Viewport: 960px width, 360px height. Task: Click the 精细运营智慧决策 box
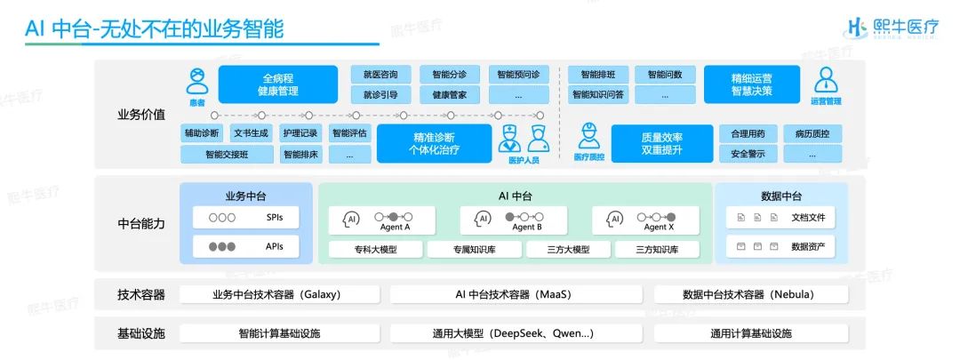pyautogui.click(x=752, y=84)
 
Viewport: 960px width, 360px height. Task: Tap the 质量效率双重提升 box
pyautogui.click(x=661, y=143)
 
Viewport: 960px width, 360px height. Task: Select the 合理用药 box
pyautogui.click(x=748, y=133)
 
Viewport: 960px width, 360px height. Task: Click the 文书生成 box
pyautogui.click(x=251, y=133)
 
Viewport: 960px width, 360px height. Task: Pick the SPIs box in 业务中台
pyautogui.click(x=240, y=217)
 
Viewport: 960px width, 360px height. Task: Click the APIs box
pyautogui.click(x=240, y=246)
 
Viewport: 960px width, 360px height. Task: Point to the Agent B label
pyautogui.click(x=524, y=227)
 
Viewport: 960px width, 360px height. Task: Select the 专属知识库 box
pyautogui.click(x=474, y=250)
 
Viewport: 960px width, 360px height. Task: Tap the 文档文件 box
pyautogui.click(x=780, y=217)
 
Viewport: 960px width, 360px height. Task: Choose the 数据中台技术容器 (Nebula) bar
pyautogui.click(x=750, y=294)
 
